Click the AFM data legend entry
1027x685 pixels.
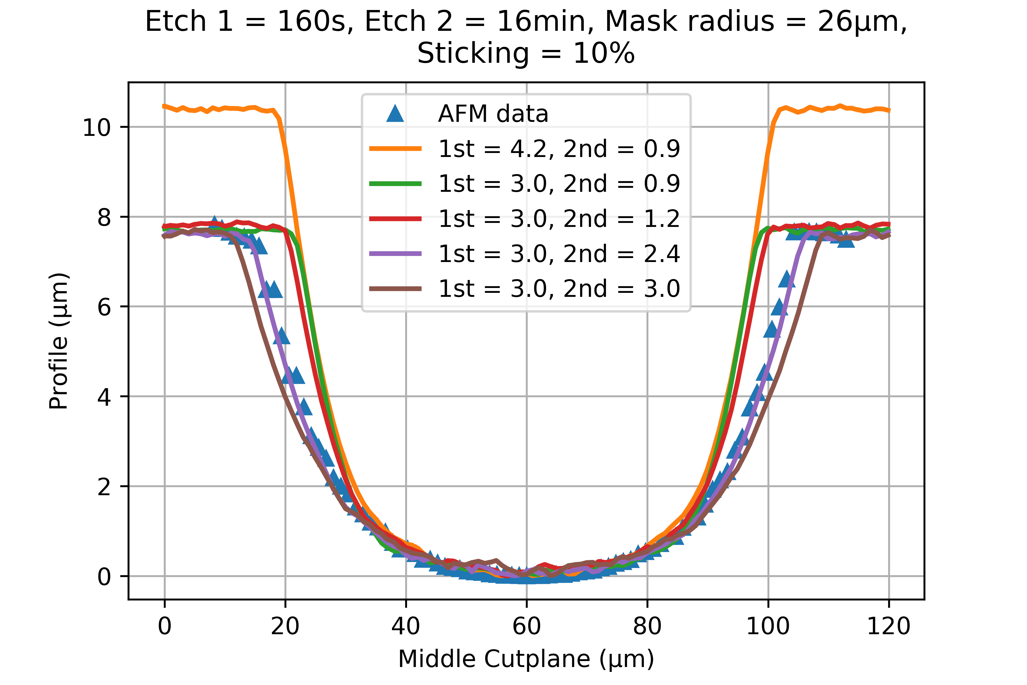tap(493, 114)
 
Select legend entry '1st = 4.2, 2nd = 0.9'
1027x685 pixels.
tap(559, 149)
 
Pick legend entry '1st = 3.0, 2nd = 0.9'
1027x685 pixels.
tap(559, 184)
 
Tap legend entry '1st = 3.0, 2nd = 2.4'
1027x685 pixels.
tap(559, 253)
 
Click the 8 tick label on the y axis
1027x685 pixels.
tap(104, 217)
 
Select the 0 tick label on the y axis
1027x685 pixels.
tap(104, 577)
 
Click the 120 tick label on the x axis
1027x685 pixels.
tap(888, 626)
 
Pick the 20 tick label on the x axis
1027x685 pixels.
tap(285, 626)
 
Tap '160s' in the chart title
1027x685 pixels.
tap(311, 22)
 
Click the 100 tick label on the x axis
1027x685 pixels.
tap(768, 626)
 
